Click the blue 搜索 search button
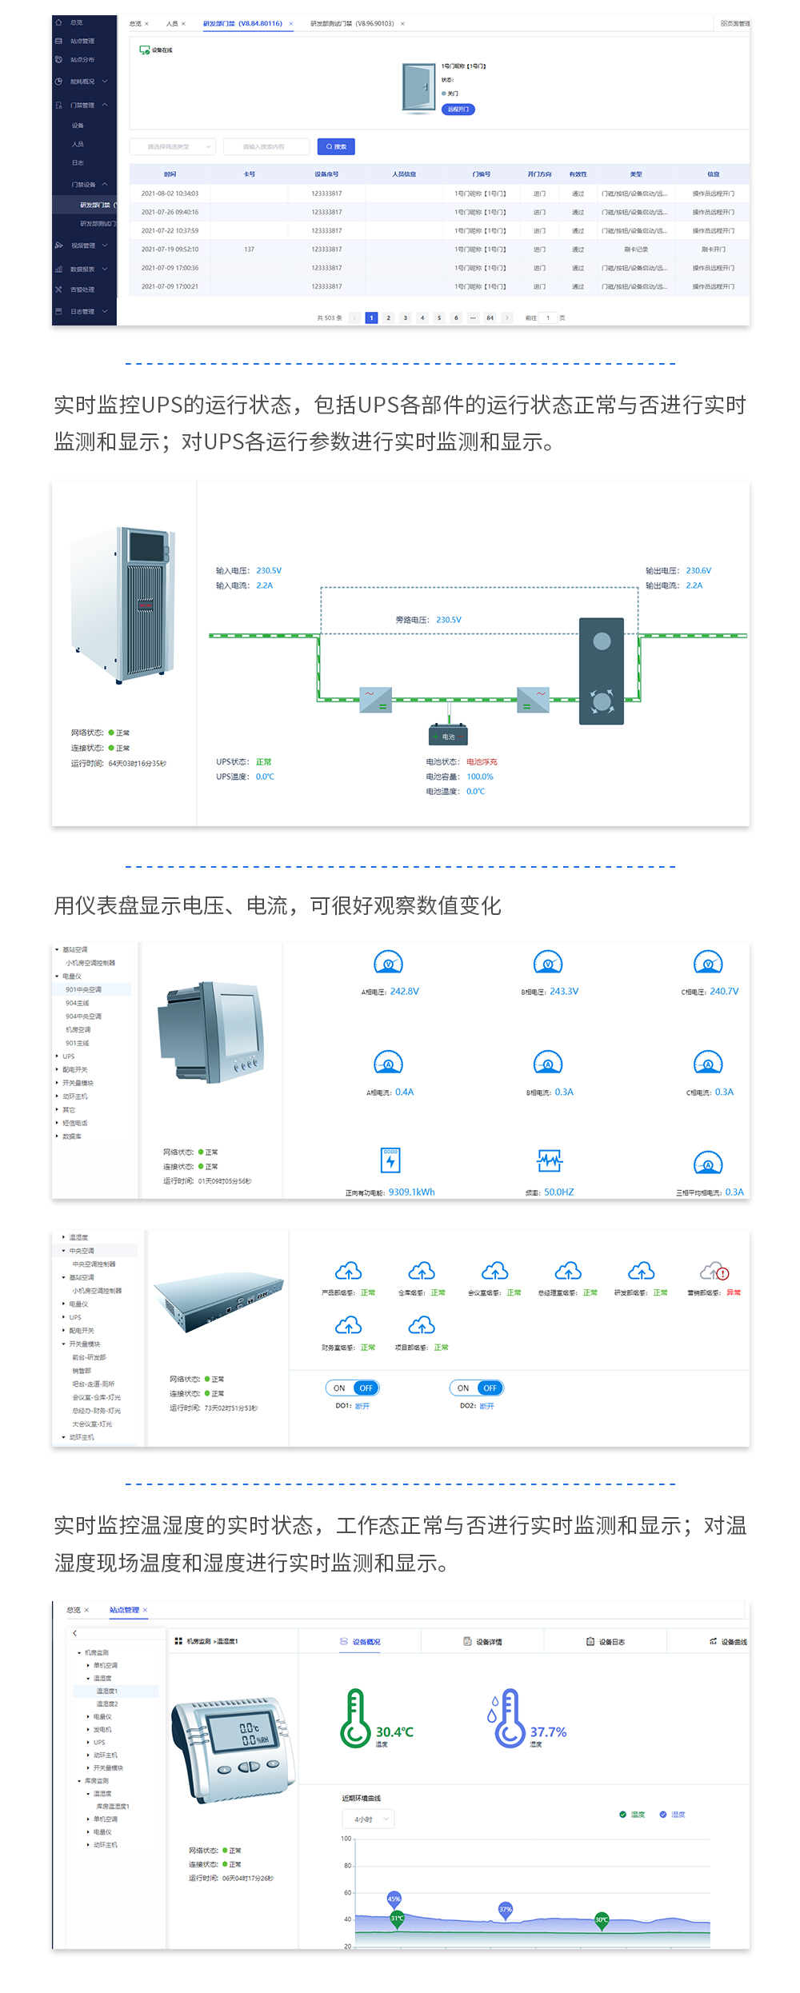[336, 146]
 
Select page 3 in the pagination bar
[406, 318]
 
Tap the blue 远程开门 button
[458, 110]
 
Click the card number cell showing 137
[249, 250]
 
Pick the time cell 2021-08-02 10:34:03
[170, 194]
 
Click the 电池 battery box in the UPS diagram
[448, 736]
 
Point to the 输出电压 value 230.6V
[698, 571]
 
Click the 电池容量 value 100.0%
[480, 777]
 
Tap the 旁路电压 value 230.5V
[449, 620]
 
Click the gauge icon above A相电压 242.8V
[388, 963]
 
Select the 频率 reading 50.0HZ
[559, 1192]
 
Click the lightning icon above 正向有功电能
[390, 1160]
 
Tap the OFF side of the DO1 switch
[366, 1388]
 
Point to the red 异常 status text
[734, 1292]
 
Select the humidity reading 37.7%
[548, 1732]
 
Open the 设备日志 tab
[611, 1642]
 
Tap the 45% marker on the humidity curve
[394, 1899]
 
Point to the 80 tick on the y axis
[348, 1866]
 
